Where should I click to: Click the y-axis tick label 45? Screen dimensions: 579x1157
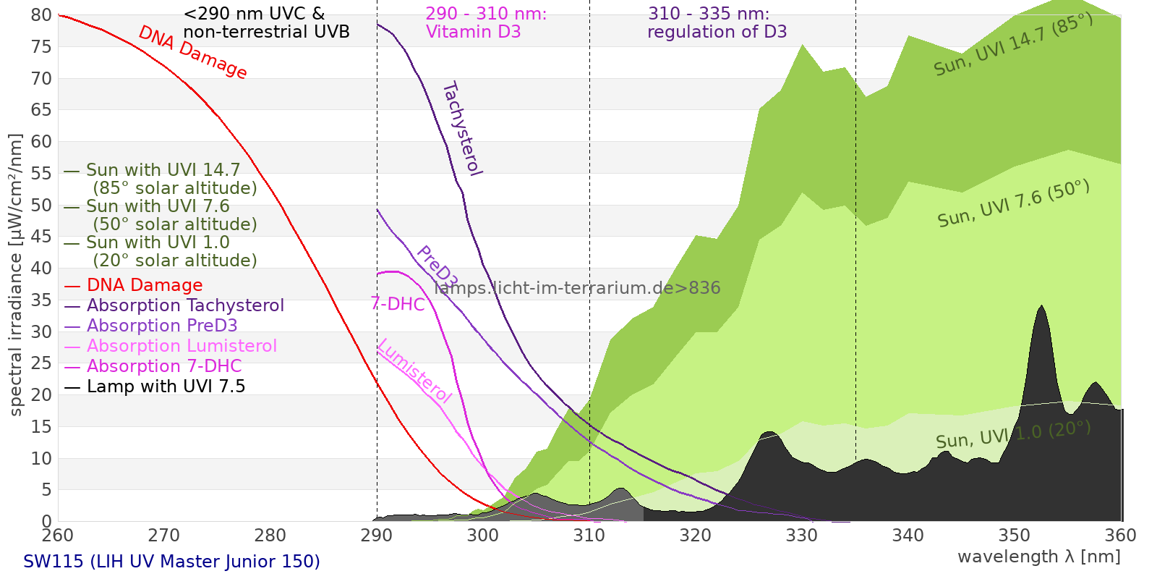pyautogui.click(x=42, y=237)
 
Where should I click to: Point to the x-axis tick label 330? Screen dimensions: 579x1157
pyautogui.click(x=801, y=536)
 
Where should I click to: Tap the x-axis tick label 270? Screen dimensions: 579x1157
pyautogui.click(x=163, y=536)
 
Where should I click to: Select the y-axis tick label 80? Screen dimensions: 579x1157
pyautogui.click(x=42, y=15)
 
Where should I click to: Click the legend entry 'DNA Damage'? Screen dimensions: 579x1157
pyautogui.click(x=145, y=285)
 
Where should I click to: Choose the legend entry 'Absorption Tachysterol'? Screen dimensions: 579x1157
pyautogui.click(x=185, y=305)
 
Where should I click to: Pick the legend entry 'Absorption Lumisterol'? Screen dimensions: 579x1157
pyautogui.click(x=182, y=346)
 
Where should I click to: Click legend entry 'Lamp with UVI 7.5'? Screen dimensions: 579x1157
pyautogui.click(x=166, y=386)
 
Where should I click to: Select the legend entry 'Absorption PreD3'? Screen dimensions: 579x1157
pyautogui.click(x=162, y=326)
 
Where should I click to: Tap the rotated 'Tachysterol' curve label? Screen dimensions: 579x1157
pyautogui.click(x=461, y=129)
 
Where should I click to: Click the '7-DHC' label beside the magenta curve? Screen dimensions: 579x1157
pyautogui.click(x=398, y=304)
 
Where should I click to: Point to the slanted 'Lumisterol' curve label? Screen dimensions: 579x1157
pyautogui.click(x=414, y=371)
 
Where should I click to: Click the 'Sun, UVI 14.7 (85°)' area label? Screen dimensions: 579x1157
pyautogui.click(x=1012, y=45)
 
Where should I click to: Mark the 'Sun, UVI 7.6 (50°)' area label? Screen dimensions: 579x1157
pyautogui.click(x=1013, y=204)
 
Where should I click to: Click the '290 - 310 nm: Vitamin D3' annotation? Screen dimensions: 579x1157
pyautogui.click(x=485, y=23)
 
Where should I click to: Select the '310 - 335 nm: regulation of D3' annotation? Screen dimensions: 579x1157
pyautogui.click(x=717, y=23)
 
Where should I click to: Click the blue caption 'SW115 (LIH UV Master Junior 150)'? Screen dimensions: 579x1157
pyautogui.click(x=171, y=562)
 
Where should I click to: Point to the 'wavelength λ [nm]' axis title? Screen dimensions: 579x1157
pyautogui.click(x=1038, y=557)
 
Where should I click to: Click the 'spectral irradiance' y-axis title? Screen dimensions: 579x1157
pyautogui.click(x=16, y=274)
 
